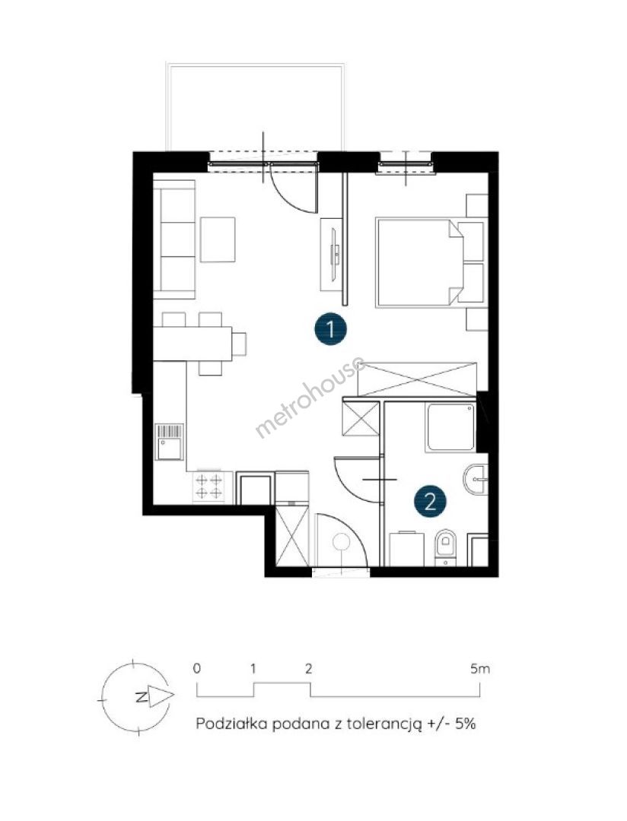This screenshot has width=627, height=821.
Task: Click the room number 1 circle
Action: [330, 330]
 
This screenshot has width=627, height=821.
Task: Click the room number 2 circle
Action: [430, 502]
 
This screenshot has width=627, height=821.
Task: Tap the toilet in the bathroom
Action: [446, 547]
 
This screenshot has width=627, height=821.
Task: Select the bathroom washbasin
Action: [476, 479]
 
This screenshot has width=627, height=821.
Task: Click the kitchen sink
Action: [170, 442]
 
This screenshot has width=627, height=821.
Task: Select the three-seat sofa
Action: [174, 239]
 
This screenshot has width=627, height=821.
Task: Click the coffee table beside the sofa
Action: [218, 239]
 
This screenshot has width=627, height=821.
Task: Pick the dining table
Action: [193, 344]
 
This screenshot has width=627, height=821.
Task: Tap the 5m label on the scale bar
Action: [480, 669]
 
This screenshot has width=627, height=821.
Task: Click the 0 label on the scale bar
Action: [196, 669]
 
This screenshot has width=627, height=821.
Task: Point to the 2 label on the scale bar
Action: [309, 669]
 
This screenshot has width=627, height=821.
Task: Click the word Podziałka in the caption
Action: [231, 724]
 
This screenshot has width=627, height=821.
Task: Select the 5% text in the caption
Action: [464, 724]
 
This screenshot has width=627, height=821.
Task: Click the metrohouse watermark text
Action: [310, 396]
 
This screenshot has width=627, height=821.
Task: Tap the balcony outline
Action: [256, 107]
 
